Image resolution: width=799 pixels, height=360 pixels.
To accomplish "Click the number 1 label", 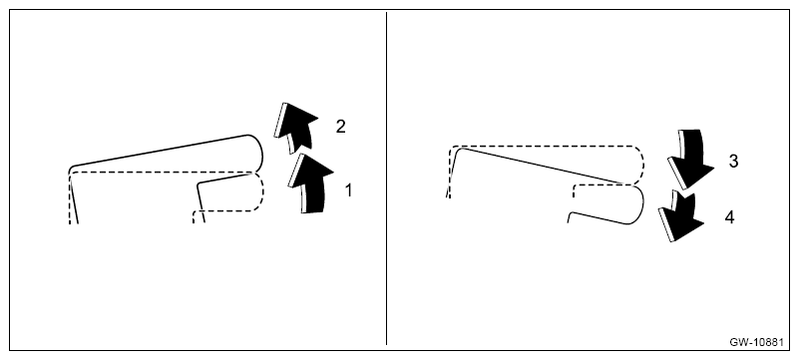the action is click(348, 190).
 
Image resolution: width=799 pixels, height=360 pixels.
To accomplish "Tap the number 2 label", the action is click(340, 127).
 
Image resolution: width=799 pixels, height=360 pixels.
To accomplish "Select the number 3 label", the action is click(733, 162).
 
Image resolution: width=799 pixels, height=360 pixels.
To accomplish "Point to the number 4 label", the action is click(729, 218).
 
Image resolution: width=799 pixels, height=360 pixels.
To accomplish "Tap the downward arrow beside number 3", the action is click(689, 158).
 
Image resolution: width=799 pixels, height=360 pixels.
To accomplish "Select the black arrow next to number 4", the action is click(680, 215).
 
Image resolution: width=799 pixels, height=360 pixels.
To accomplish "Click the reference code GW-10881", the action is click(756, 342).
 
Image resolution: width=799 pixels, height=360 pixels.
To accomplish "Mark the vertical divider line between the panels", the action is click(386, 179).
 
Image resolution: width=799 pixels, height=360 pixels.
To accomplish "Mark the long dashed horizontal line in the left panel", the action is click(163, 173).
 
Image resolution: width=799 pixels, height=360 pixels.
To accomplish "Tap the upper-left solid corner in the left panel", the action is click(72, 170).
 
